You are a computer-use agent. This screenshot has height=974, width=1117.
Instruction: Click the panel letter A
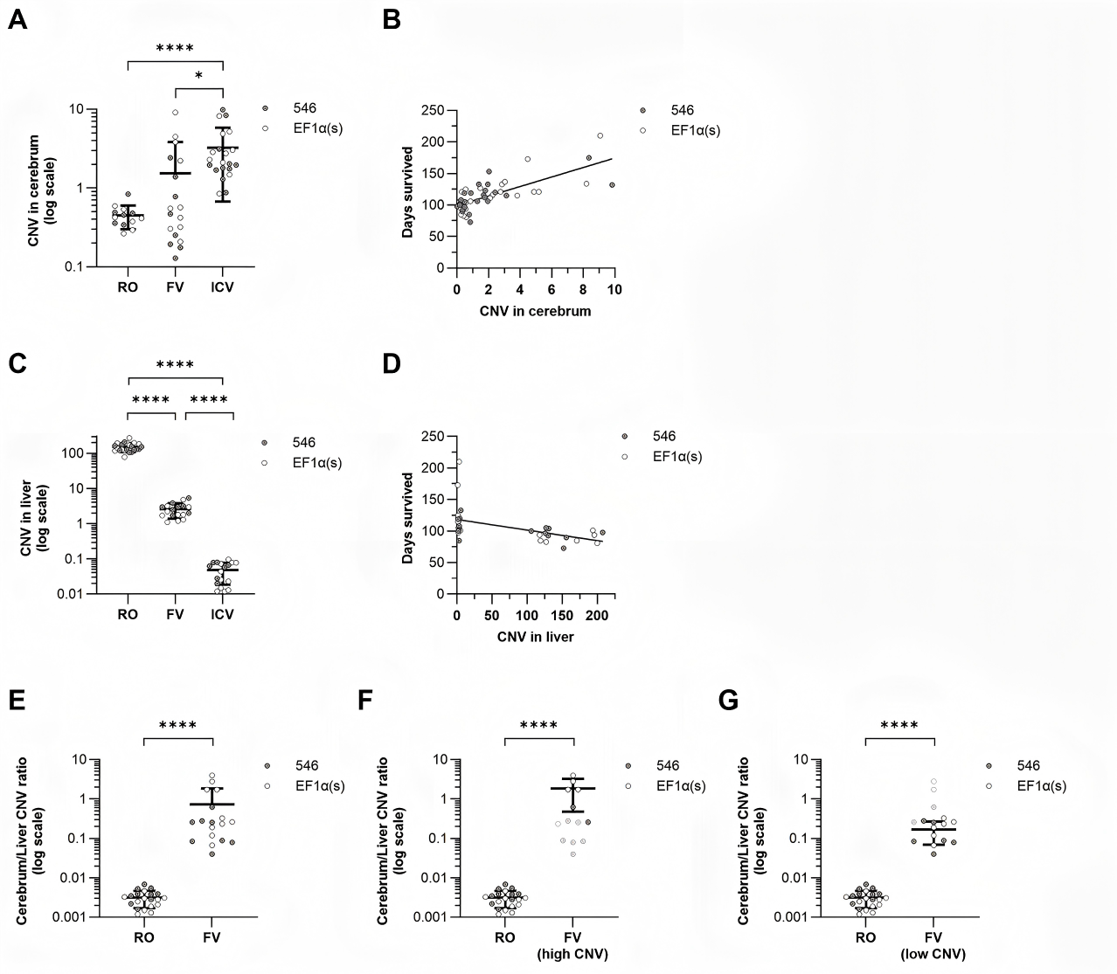(17, 20)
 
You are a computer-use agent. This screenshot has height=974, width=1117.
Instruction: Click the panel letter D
(392, 363)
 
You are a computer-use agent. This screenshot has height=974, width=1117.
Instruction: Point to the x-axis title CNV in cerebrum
(535, 310)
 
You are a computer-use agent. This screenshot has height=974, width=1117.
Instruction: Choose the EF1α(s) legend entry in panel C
(317, 462)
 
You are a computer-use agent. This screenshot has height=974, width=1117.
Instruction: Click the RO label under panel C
(128, 613)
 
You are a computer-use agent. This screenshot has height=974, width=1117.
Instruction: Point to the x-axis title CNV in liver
(534, 637)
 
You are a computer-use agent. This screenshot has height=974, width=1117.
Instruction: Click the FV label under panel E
(212, 937)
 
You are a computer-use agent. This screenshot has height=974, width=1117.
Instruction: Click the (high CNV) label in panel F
(572, 954)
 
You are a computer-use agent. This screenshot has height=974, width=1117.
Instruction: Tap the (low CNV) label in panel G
(933, 954)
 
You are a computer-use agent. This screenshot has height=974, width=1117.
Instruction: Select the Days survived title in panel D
(408, 517)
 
